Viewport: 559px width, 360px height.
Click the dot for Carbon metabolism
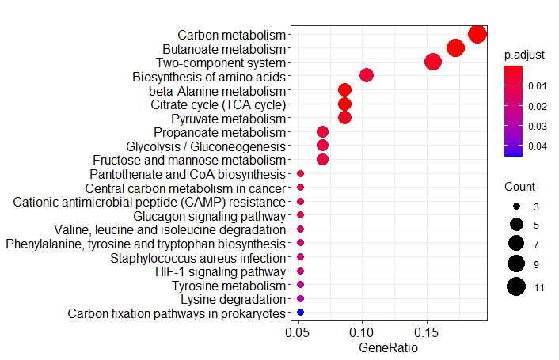[477, 34]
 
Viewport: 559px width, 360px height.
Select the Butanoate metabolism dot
[455, 48]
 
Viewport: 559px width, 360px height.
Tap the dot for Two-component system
[433, 62]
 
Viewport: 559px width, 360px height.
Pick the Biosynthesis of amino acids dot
[366, 76]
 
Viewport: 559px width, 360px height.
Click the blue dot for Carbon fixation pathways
[300, 313]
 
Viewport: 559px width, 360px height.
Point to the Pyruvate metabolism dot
[344, 118]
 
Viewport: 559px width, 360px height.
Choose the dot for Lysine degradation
[300, 299]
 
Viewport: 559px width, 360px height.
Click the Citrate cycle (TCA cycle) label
[218, 104]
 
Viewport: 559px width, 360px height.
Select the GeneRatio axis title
[388, 347]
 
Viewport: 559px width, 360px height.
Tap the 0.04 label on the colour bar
[538, 146]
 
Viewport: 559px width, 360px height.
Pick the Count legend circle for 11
[516, 287]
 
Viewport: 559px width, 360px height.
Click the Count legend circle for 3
[516, 206]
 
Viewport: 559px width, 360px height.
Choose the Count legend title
[519, 188]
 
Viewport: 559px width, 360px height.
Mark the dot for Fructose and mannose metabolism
[322, 160]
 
